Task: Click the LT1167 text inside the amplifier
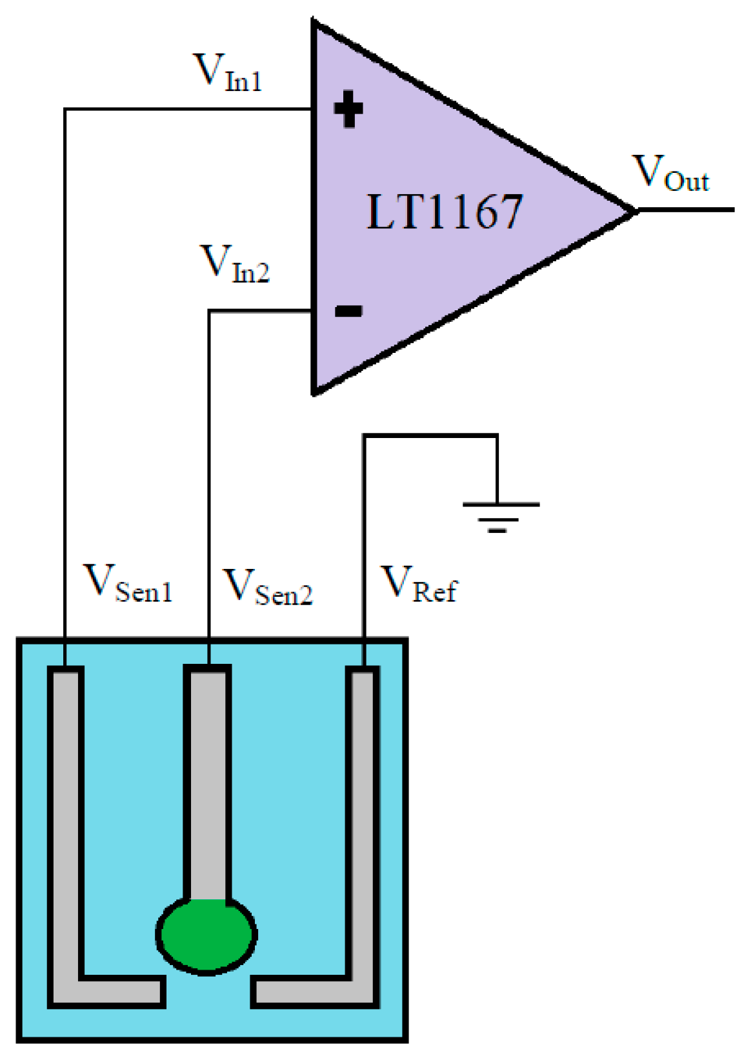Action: click(444, 212)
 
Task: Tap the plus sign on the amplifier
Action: click(348, 109)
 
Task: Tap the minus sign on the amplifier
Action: click(348, 312)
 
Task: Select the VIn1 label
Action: click(228, 72)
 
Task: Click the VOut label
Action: click(670, 173)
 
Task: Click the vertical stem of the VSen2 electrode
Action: click(207, 774)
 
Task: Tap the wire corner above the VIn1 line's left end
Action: click(65, 110)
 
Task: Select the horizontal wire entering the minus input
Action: click(258, 312)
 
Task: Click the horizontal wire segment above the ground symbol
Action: click(429, 436)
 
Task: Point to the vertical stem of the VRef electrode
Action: click(363, 806)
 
